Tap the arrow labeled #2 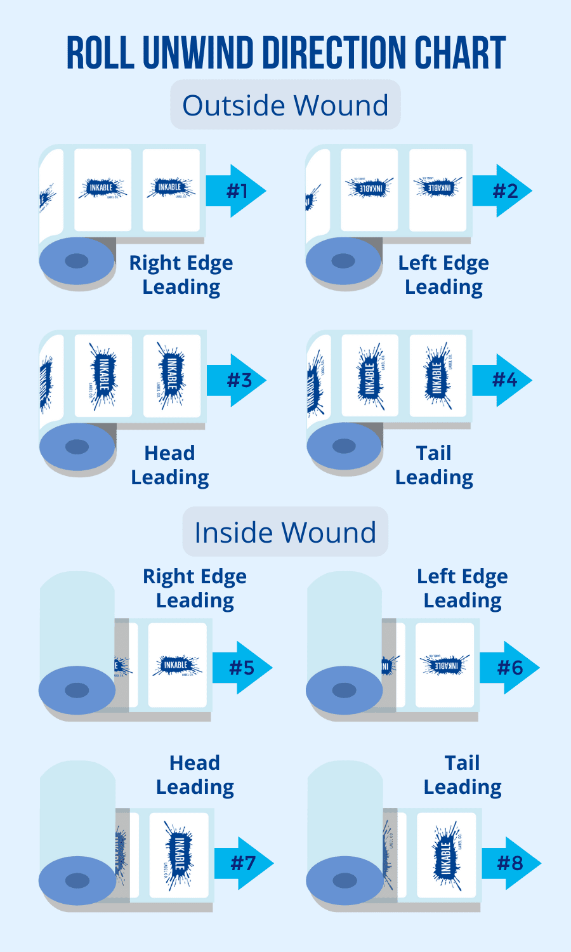(502, 190)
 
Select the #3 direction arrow (237, 380)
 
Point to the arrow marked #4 (502, 380)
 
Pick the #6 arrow (509, 667)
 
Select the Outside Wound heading (285, 105)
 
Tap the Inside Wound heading (285, 532)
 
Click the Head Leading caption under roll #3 (170, 465)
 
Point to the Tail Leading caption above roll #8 (463, 774)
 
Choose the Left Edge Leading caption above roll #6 (463, 588)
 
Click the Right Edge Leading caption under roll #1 (181, 274)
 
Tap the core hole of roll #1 (77, 260)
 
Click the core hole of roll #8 (345, 880)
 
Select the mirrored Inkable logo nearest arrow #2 (438, 187)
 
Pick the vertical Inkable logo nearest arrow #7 (178, 854)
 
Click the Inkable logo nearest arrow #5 (177, 665)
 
